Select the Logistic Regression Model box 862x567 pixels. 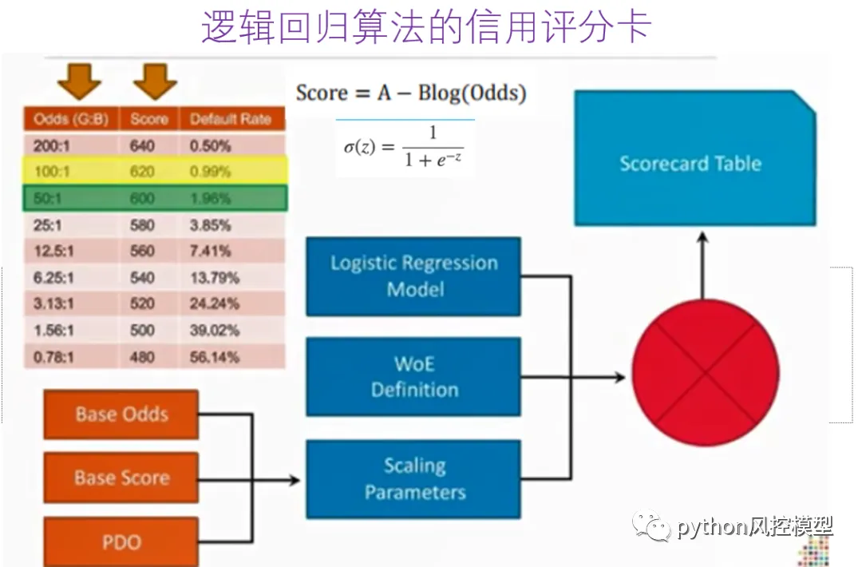coord(413,276)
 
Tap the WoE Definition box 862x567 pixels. coord(413,377)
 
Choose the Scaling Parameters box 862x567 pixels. coord(413,478)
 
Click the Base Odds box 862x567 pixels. coord(121,414)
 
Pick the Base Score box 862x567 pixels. coord(121,478)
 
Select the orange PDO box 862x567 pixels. coord(121,542)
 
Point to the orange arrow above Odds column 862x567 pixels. coord(79,80)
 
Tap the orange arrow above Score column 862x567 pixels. coord(154,80)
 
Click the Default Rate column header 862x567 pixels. coord(231,120)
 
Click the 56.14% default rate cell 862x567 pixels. coord(215,357)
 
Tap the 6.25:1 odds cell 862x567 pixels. coord(54,278)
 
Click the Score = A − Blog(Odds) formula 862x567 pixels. coord(411,93)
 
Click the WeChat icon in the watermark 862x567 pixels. coord(652,525)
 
